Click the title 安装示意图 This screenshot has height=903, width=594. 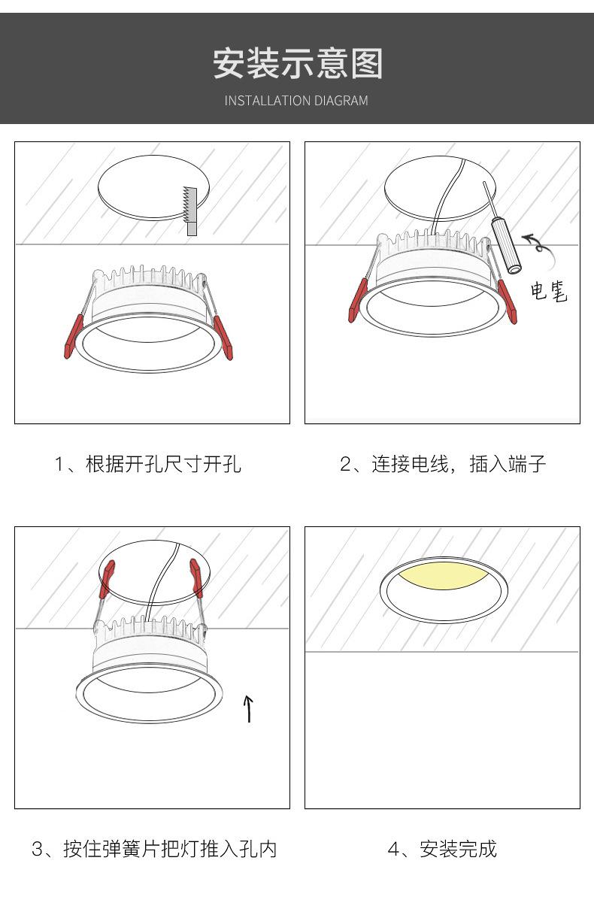[298, 63]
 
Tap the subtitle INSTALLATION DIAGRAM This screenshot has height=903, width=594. [296, 101]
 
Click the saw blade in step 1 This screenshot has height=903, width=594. [190, 211]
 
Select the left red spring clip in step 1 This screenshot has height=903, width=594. [74, 337]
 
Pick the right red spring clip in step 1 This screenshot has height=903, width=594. [223, 338]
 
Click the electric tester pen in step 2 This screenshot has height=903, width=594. [502, 228]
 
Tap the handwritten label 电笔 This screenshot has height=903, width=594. [549, 291]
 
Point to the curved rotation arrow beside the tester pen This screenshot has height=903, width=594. [538, 248]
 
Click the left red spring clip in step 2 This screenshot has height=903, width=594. [358, 300]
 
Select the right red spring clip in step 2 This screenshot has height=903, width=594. [508, 302]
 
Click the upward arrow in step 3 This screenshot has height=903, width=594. [248, 708]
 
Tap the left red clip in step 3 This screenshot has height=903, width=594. [107, 579]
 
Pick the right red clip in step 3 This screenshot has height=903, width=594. [196, 577]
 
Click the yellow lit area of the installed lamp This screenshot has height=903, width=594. [443, 576]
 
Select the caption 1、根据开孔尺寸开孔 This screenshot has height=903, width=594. [148, 464]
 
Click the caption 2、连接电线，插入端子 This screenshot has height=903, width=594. [443, 464]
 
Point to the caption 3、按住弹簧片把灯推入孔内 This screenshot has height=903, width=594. [154, 849]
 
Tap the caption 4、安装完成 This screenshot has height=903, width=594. [442, 849]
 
